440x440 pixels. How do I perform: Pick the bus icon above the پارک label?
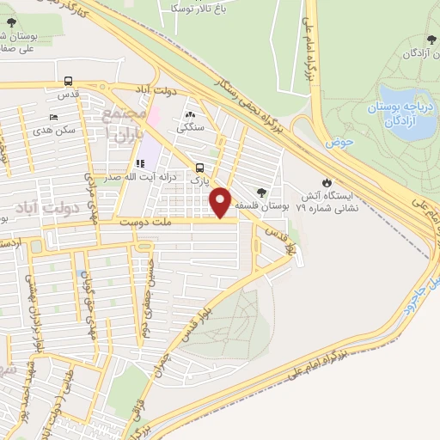(200, 168)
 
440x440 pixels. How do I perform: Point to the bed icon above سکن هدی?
(53, 117)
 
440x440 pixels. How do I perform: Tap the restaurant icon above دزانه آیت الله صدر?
(139, 163)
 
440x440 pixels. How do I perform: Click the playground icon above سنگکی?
(190, 113)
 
